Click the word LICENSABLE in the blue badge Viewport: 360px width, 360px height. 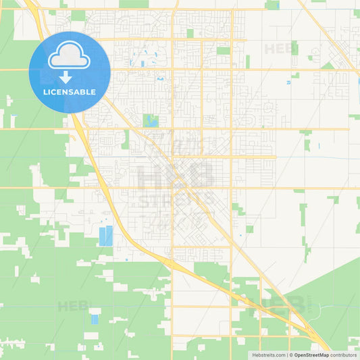pos(70,92)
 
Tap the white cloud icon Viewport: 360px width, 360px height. pos(70,55)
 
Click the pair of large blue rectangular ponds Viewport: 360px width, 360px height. pos(106,236)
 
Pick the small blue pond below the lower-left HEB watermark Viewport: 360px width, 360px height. pos(95,319)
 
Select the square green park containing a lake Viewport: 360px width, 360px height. pos(151,122)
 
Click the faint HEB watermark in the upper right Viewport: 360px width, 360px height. pos(278,49)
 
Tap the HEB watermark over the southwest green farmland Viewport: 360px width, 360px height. pos(73,306)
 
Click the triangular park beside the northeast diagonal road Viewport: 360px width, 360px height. pos(329,65)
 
